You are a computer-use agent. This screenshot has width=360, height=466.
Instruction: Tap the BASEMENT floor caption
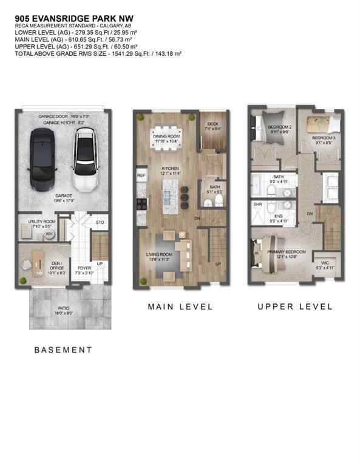63,350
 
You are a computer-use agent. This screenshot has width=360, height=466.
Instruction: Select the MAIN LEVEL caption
180,307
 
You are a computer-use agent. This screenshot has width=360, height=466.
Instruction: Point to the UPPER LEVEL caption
295,307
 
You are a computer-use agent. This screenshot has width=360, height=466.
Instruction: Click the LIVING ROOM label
159,254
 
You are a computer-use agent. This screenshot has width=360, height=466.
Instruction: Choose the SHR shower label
257,204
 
